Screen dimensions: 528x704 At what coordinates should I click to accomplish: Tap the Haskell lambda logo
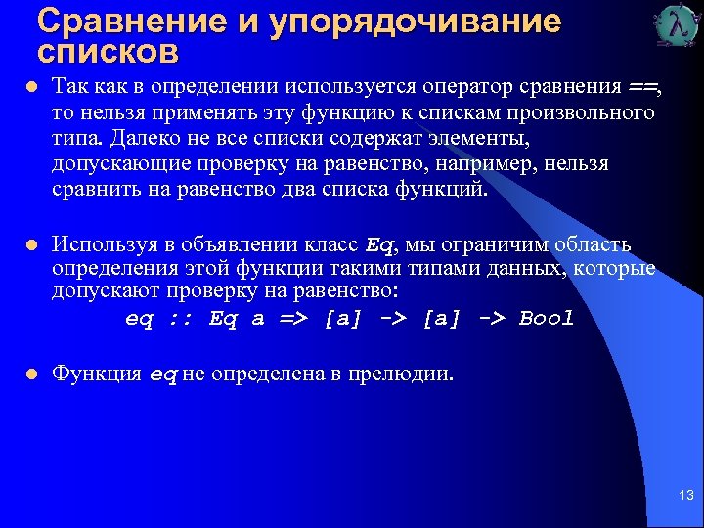(678, 26)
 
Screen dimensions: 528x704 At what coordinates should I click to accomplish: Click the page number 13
(685, 497)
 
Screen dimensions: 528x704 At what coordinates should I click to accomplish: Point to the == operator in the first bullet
(642, 88)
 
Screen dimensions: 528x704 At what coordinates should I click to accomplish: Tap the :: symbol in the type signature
(181, 319)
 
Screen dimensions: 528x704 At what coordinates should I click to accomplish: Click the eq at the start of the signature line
(139, 319)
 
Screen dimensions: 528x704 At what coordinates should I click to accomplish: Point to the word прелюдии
(402, 373)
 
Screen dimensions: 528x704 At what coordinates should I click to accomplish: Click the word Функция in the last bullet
(96, 373)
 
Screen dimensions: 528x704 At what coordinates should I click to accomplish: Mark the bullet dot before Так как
(32, 88)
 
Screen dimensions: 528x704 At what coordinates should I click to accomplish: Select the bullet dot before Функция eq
(32, 373)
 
